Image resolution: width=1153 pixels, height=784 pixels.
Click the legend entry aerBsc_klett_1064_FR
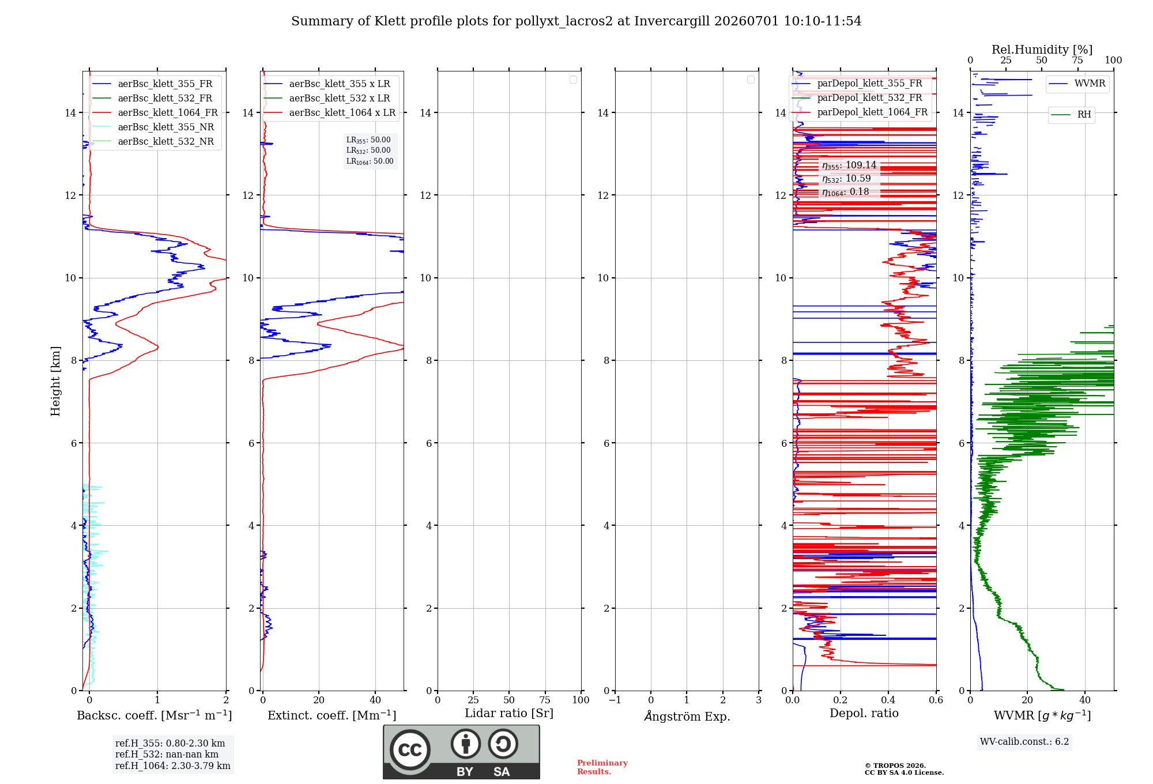(x=155, y=112)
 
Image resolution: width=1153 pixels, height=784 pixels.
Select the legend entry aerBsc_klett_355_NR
(x=153, y=127)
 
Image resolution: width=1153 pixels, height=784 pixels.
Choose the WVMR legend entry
(x=1077, y=84)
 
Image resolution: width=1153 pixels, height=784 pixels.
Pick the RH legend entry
(x=1071, y=115)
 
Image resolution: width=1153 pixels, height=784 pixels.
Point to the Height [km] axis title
(x=55, y=381)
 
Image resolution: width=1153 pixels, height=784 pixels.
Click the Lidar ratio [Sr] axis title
(x=509, y=714)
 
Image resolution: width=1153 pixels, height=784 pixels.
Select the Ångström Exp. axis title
(x=687, y=716)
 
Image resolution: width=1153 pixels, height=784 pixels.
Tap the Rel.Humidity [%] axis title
(x=1042, y=50)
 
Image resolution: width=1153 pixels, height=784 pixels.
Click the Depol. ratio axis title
(x=864, y=713)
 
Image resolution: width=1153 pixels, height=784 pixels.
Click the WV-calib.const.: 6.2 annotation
(x=1024, y=742)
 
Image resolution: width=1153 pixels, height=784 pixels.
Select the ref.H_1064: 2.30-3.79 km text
(x=173, y=766)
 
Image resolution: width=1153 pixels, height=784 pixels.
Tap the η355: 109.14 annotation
(x=849, y=165)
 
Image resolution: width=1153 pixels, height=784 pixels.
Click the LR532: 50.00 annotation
(x=368, y=150)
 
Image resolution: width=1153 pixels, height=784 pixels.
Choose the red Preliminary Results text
(x=602, y=767)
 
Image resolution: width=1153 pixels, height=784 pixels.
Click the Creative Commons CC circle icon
(x=410, y=750)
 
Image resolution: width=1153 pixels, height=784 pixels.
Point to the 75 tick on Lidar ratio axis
(x=545, y=700)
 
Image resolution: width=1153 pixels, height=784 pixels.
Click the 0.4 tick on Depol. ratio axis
(x=888, y=700)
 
